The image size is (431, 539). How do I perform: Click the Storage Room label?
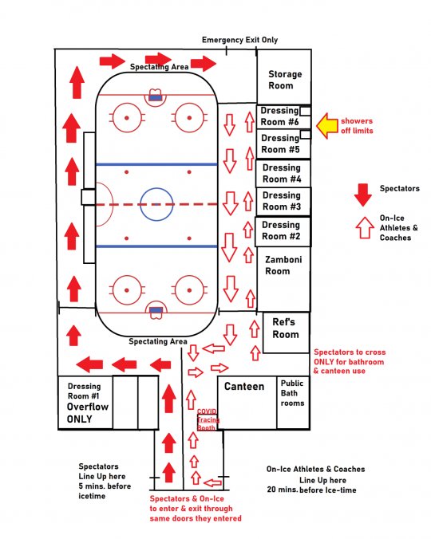(x=285, y=80)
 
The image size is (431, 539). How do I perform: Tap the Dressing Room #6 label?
(x=279, y=116)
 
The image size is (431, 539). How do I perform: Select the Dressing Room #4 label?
(x=282, y=173)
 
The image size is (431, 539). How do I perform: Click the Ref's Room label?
(x=285, y=329)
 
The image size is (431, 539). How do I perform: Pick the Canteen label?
(x=244, y=387)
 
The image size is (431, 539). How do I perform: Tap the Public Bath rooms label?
(x=292, y=393)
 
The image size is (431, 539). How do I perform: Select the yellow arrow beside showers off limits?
(x=327, y=126)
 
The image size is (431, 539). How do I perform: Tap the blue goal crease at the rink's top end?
(x=155, y=98)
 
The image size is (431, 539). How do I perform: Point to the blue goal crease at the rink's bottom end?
(x=156, y=310)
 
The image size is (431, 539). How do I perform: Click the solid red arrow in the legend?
(x=363, y=195)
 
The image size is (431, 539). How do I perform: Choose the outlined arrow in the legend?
(x=365, y=227)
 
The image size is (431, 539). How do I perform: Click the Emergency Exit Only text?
(x=239, y=40)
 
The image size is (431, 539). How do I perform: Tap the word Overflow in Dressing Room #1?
(x=88, y=407)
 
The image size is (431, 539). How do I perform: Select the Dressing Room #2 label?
(x=281, y=230)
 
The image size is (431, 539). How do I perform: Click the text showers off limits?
(x=357, y=126)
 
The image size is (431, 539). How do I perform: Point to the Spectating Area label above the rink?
(x=160, y=67)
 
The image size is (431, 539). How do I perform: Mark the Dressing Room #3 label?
(x=282, y=201)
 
